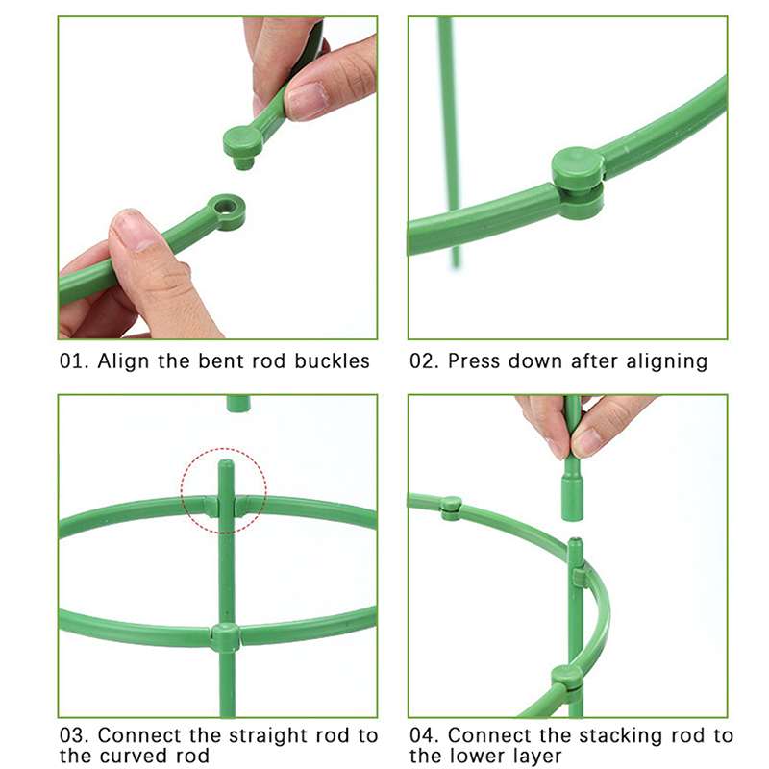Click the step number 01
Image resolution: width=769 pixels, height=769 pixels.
click(74, 361)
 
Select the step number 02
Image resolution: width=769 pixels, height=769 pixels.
click(424, 361)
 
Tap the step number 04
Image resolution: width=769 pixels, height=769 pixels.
click(424, 736)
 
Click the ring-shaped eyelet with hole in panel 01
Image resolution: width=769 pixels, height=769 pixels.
click(226, 211)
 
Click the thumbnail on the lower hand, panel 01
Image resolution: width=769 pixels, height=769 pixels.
click(135, 231)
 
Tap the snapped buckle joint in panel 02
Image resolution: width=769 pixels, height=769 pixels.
click(578, 183)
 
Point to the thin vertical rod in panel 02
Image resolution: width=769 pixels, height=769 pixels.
click(449, 142)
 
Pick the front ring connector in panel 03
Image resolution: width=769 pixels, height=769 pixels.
click(226, 636)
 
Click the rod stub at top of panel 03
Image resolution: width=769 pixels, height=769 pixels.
click(238, 404)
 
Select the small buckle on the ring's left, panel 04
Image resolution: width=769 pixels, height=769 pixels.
click(451, 508)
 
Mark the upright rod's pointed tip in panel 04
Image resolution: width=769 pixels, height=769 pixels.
click(575, 541)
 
